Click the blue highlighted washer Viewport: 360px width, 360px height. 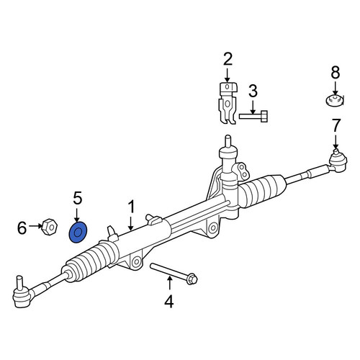coord(78,233)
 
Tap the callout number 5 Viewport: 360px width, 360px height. coord(78,199)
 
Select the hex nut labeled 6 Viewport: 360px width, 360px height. coord(50,227)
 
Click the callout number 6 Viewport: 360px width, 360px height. coord(22,228)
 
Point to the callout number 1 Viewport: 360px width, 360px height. coord(132,207)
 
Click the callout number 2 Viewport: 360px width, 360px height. coord(228,59)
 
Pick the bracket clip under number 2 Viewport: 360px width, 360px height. coord(228,103)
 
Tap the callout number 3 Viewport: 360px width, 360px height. coord(253,91)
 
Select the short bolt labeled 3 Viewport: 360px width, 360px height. coord(253,117)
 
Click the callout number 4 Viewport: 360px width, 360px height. coord(169,302)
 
